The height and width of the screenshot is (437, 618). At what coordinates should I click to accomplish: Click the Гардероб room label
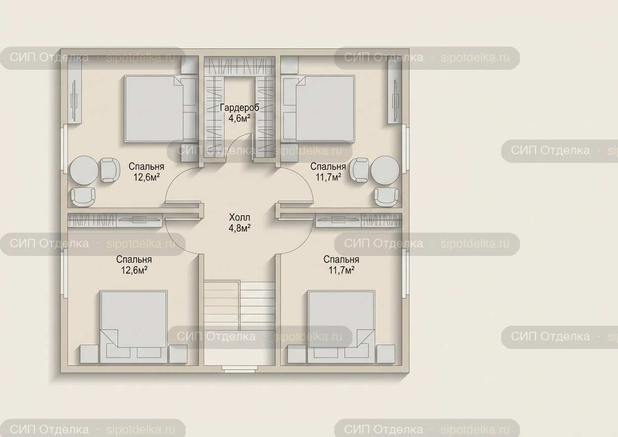coord(240,108)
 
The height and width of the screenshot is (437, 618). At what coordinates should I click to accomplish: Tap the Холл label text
coord(240,217)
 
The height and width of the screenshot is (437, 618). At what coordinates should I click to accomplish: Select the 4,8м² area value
coord(240,228)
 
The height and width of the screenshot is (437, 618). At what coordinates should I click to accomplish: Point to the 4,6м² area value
coord(240,118)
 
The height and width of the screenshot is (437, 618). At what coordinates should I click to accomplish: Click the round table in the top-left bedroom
coord(84,170)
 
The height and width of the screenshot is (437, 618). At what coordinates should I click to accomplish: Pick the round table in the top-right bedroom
coord(385,170)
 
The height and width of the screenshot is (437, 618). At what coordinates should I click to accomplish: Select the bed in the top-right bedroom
coord(319,108)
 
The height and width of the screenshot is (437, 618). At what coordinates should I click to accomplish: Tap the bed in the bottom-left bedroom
coord(134,327)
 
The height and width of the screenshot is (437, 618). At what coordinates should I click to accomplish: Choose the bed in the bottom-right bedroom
coord(341,327)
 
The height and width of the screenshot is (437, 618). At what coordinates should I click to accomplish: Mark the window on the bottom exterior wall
coord(240,369)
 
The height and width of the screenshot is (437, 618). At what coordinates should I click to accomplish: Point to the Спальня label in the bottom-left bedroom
coord(134,259)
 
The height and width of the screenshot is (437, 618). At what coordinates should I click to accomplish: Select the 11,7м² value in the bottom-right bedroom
coord(341,270)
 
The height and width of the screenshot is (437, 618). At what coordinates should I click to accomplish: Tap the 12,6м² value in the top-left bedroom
coord(147,177)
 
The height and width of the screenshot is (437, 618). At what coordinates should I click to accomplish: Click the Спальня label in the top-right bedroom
coord(328,166)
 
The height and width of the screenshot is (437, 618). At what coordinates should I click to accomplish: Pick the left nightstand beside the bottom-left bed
coord(89,354)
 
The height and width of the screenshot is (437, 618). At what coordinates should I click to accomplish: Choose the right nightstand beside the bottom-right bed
coord(386,354)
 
